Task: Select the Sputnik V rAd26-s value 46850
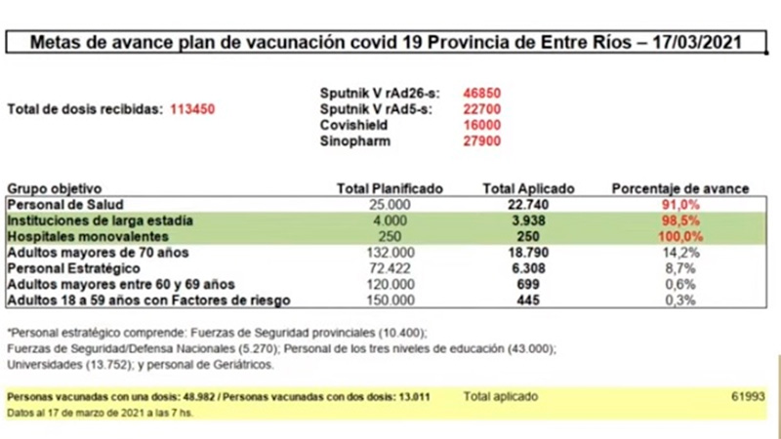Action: click(x=481, y=93)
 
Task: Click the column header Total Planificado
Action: click(x=390, y=188)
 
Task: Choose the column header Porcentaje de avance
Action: click(x=679, y=188)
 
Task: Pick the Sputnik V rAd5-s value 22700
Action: click(x=481, y=109)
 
